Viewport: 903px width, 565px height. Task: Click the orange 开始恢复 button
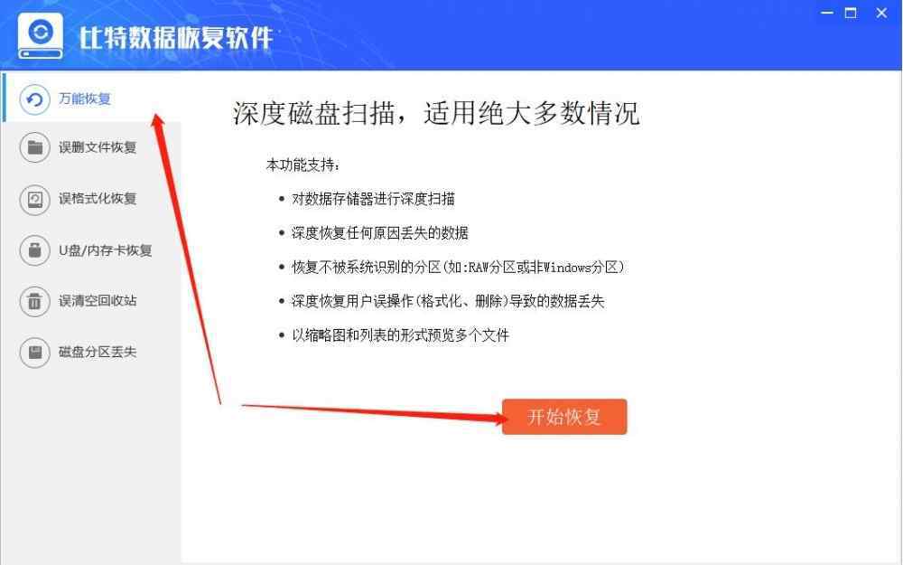pyautogui.click(x=563, y=416)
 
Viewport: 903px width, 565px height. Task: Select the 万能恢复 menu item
pyautogui.click(x=85, y=99)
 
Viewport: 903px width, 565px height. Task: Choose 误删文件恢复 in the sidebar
pyautogui.click(x=98, y=147)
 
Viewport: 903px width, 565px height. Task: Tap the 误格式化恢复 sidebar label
pyautogui.click(x=98, y=199)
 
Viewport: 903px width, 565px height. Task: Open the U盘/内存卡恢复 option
pyautogui.click(x=106, y=250)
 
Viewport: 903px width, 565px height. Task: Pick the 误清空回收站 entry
pyautogui.click(x=98, y=301)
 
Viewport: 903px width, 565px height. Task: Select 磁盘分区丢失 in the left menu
pyautogui.click(x=98, y=353)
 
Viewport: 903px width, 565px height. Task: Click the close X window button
pyautogui.click(x=881, y=13)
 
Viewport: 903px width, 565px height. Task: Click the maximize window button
pyautogui.click(x=851, y=13)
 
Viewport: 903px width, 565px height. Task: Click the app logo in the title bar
pyautogui.click(x=41, y=36)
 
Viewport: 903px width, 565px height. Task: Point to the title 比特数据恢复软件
pyautogui.click(x=176, y=38)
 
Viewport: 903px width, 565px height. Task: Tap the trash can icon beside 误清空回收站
pyautogui.click(x=34, y=301)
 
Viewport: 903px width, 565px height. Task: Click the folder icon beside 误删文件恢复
pyautogui.click(x=34, y=147)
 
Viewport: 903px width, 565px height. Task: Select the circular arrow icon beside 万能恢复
pyautogui.click(x=34, y=99)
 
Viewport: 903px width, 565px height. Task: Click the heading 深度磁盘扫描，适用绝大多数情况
pyautogui.click(x=436, y=113)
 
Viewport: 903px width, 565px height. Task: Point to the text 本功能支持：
pyautogui.click(x=303, y=165)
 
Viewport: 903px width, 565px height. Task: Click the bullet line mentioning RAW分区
pyautogui.click(x=458, y=267)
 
